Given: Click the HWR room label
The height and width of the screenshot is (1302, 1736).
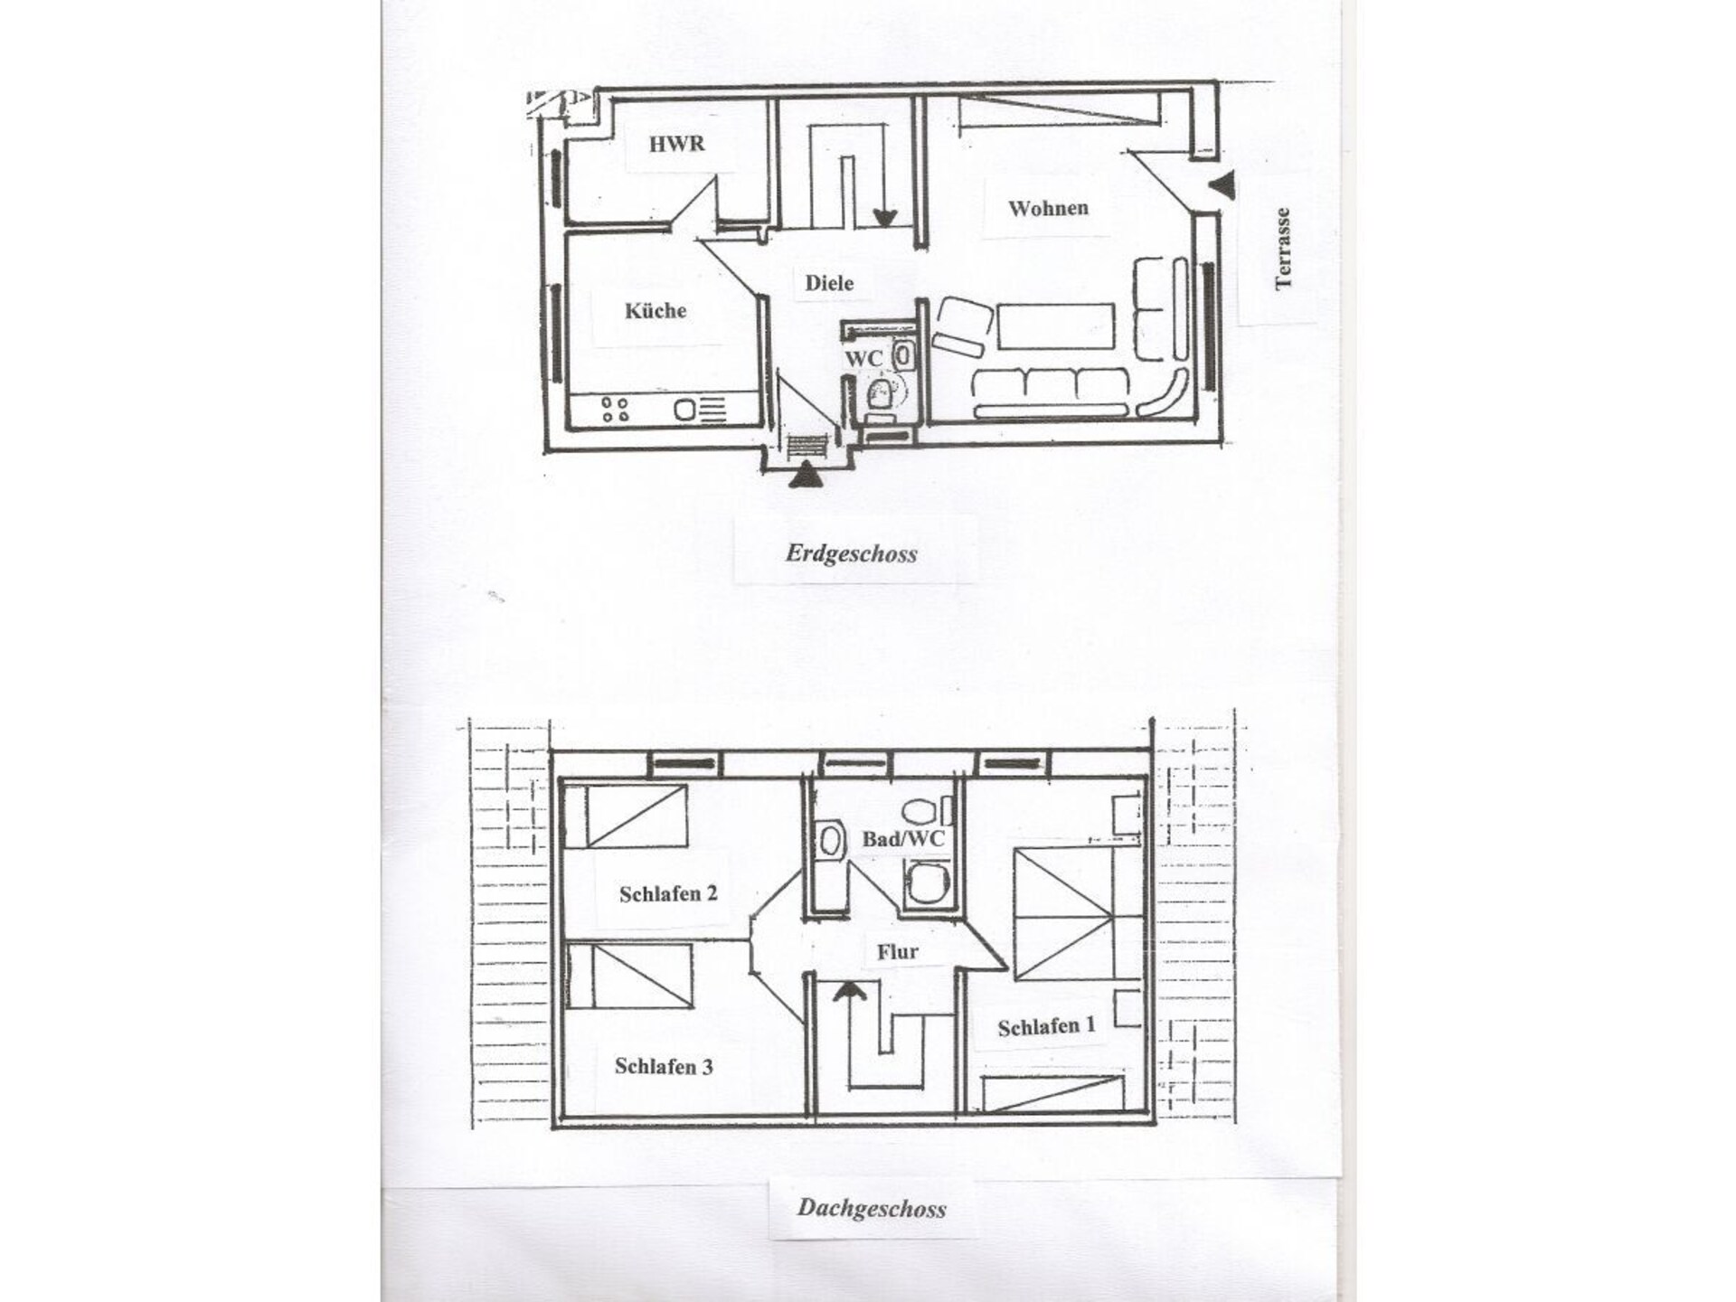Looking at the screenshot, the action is click(x=676, y=144).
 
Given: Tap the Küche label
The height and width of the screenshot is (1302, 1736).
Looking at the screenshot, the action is click(x=656, y=311).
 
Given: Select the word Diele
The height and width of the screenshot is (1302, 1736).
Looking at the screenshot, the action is click(x=829, y=283).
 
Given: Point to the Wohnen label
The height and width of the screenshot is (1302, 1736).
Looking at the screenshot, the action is click(x=1048, y=208).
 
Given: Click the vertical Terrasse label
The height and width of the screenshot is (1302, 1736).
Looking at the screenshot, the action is click(x=1282, y=249).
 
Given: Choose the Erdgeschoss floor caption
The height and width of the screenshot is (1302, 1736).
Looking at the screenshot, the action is click(x=851, y=553).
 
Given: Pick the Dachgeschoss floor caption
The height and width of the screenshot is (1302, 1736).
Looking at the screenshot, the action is click(x=872, y=1208).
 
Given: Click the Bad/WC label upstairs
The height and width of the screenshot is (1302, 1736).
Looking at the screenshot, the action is click(x=902, y=839).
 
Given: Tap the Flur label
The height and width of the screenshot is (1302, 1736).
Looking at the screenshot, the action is click(x=897, y=951).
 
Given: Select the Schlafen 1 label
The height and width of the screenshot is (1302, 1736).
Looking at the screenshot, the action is click(x=1046, y=1026).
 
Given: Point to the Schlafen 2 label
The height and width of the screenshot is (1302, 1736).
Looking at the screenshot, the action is click(x=668, y=894).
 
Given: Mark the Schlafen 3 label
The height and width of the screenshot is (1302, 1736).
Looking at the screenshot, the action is click(x=664, y=1067).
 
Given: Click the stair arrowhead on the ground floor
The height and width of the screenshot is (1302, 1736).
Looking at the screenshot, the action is click(x=884, y=218).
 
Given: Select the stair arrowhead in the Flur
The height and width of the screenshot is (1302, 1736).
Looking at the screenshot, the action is click(x=849, y=991).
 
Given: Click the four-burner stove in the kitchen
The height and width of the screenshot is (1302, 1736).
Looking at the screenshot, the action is click(x=616, y=410).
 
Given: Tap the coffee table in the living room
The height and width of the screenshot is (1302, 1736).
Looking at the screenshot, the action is click(x=1055, y=326).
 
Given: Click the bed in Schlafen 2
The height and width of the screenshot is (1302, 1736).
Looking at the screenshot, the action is click(x=626, y=816).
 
